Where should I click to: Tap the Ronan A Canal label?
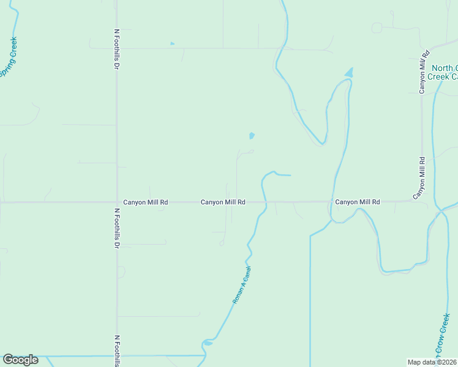click(242, 286)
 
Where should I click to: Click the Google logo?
click(20, 360)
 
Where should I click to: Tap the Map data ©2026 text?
click(431, 362)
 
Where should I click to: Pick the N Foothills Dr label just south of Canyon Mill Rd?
click(116, 228)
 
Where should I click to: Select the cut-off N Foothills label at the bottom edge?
click(116, 350)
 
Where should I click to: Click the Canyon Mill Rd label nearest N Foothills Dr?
click(146, 202)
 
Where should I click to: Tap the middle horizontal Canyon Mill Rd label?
click(223, 202)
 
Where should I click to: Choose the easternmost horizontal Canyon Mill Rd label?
click(358, 202)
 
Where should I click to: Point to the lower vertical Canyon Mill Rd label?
click(421, 177)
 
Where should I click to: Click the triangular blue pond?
click(349, 73)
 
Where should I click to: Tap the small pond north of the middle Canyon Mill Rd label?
click(251, 135)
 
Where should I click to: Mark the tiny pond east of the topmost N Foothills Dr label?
click(172, 43)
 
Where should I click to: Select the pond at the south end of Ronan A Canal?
click(208, 343)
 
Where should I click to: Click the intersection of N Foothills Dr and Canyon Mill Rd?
click(116, 202)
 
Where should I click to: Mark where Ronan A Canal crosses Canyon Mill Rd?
click(265, 202)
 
